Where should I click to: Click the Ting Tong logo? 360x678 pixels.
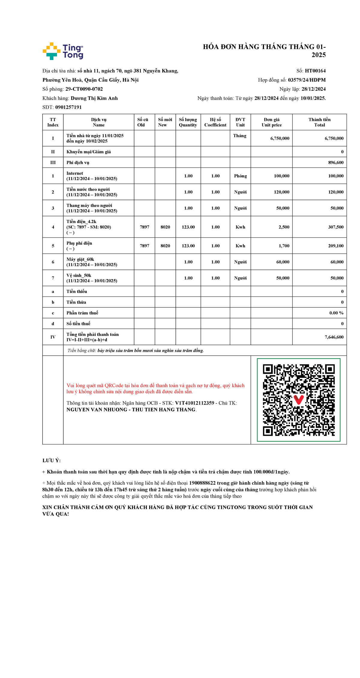(x=63, y=51)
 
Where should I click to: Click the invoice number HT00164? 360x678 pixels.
(x=315, y=71)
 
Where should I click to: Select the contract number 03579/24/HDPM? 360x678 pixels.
(x=307, y=80)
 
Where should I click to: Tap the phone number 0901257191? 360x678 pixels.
(x=68, y=107)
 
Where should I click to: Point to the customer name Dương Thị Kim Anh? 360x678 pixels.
(x=94, y=98)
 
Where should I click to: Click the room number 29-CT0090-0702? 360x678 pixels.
(x=84, y=89)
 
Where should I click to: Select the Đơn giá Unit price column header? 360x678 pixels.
(x=271, y=122)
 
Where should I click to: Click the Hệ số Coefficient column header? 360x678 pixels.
(x=215, y=122)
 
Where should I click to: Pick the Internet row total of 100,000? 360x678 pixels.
(x=336, y=176)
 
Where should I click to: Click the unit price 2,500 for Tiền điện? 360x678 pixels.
(x=284, y=227)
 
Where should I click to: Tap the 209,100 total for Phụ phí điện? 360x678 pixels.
(x=336, y=246)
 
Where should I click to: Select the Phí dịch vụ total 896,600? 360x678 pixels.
(x=336, y=163)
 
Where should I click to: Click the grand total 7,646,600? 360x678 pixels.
(x=334, y=337)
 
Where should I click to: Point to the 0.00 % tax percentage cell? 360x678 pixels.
(x=336, y=313)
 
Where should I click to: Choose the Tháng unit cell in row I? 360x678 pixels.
(x=240, y=136)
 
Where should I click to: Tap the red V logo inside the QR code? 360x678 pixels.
(x=298, y=399)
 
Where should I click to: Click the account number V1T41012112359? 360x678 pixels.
(x=194, y=403)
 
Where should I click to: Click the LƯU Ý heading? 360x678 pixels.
(x=51, y=460)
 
